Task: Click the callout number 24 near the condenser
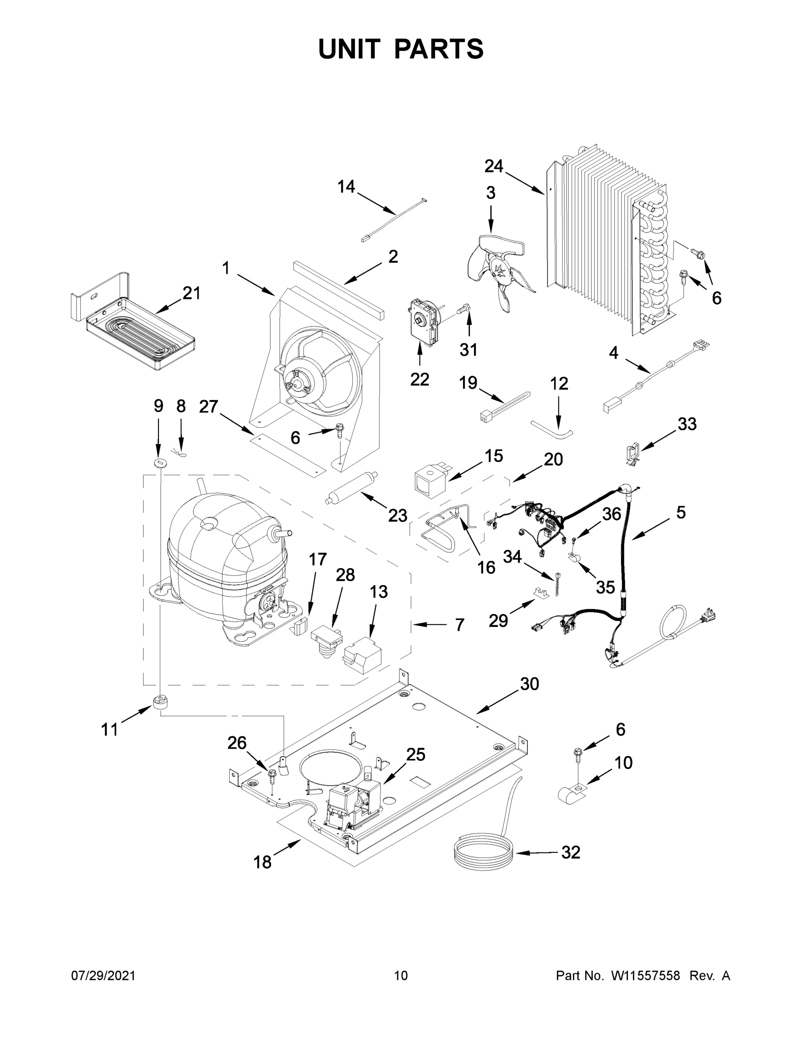click(x=494, y=166)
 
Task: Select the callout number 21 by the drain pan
click(x=191, y=293)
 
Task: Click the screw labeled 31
click(x=463, y=309)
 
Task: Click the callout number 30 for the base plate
click(x=529, y=684)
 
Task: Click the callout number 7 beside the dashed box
click(x=459, y=625)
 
